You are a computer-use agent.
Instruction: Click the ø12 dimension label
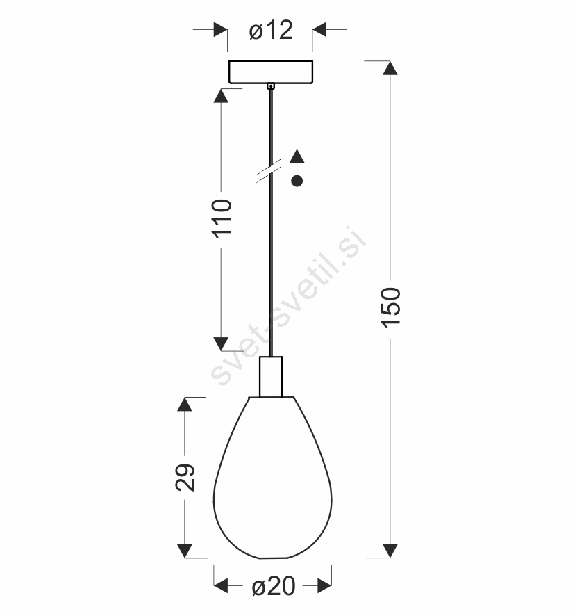(271, 31)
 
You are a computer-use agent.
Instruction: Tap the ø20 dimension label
(273, 586)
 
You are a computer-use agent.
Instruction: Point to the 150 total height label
(391, 307)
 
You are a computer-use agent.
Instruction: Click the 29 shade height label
(185, 478)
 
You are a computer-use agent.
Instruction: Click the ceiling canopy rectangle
(271, 72)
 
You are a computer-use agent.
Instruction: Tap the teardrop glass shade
(272, 478)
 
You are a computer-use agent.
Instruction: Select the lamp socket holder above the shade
(271, 377)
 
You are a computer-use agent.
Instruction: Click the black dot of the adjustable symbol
(297, 181)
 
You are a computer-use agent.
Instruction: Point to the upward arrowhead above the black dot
(297, 156)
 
